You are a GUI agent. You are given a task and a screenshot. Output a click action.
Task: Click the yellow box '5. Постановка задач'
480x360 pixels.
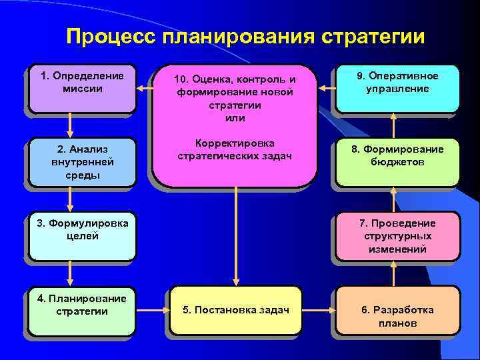tap(236, 310)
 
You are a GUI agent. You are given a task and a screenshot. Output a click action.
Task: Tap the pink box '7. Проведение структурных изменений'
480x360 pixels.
tap(397, 236)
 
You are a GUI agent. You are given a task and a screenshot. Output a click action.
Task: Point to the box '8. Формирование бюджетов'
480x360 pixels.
tap(397, 161)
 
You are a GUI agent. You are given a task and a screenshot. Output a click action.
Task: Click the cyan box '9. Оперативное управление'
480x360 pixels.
tap(397, 87)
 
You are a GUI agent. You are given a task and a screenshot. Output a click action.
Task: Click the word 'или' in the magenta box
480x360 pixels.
tap(235, 118)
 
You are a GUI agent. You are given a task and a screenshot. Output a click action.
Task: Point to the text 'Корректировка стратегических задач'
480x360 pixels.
tap(235, 150)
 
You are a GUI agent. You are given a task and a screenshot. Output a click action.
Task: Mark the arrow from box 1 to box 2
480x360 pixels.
tap(69, 125)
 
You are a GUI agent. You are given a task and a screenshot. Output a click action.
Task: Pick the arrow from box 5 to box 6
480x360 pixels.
tap(319, 310)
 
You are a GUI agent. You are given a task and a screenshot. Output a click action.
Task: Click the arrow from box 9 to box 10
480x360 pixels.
tap(326, 88)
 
